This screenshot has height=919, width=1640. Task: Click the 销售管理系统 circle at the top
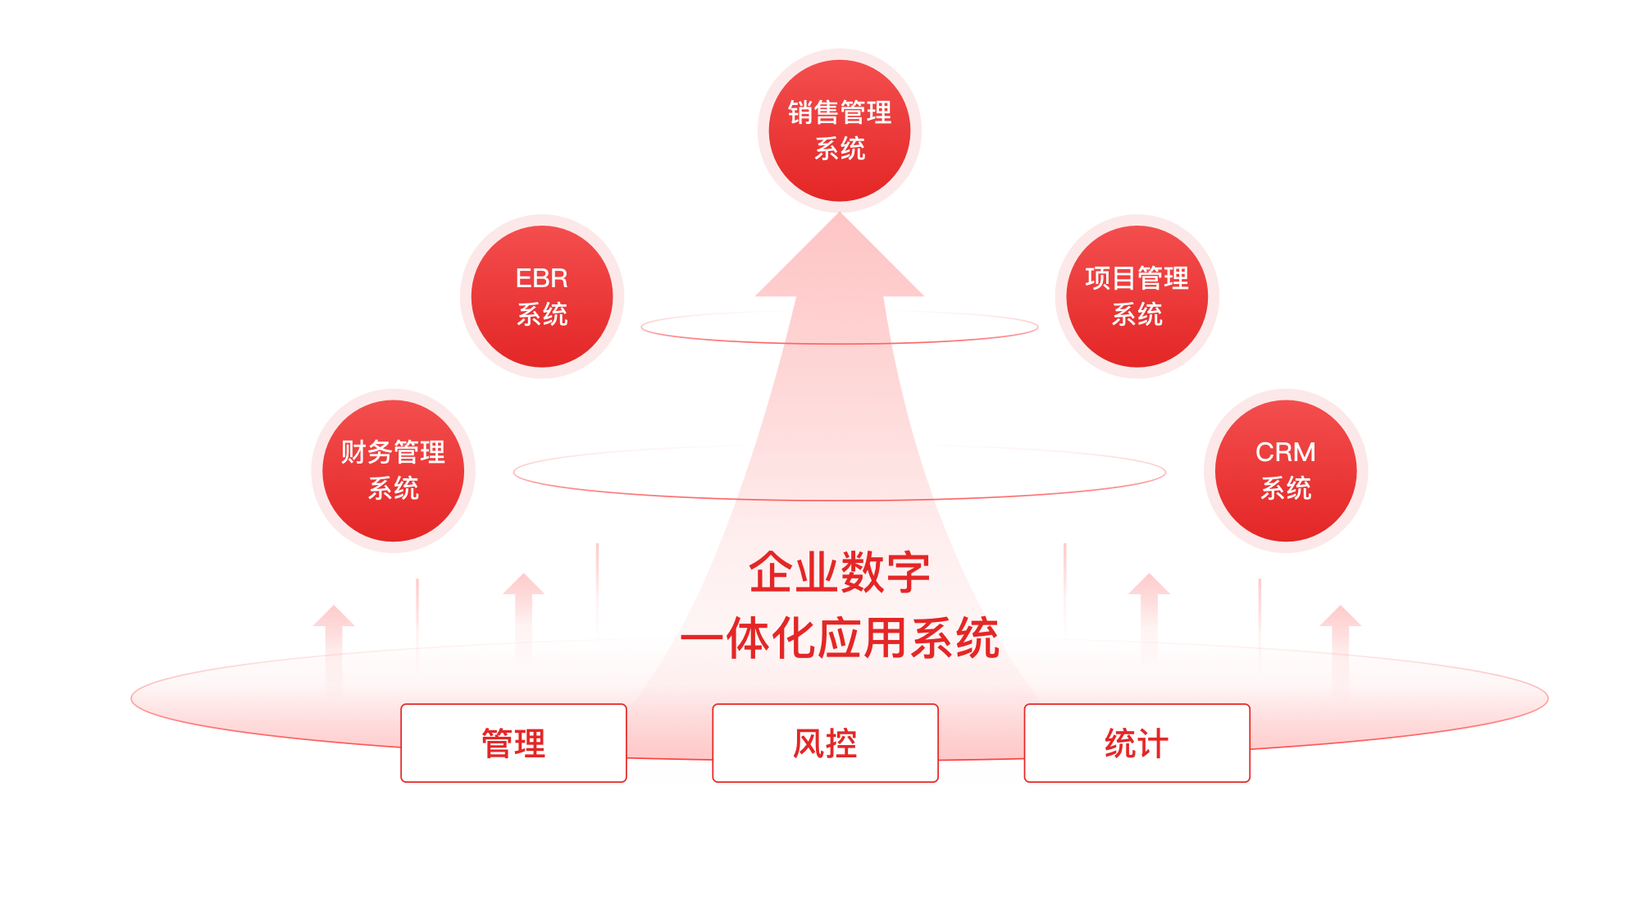click(x=839, y=130)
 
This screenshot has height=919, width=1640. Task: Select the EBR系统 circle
click(x=541, y=296)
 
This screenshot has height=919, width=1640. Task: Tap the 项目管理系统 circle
click(x=1137, y=296)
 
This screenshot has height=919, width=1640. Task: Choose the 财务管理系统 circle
click(x=393, y=470)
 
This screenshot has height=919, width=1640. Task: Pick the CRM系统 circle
click(x=1285, y=470)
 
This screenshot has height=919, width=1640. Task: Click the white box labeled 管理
click(x=513, y=743)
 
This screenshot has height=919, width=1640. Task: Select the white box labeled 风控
click(x=825, y=743)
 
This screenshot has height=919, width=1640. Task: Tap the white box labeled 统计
click(x=1137, y=743)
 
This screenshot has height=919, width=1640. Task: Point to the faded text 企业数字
click(x=839, y=572)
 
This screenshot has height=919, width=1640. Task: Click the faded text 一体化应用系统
click(x=839, y=638)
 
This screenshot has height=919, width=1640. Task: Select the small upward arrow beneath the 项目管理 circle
click(x=1149, y=615)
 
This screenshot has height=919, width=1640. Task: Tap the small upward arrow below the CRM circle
click(x=1340, y=644)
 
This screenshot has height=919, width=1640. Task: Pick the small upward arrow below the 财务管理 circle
click(x=333, y=644)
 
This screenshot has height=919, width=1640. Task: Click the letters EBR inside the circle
click(x=541, y=278)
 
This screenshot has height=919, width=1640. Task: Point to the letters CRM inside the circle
click(x=1285, y=452)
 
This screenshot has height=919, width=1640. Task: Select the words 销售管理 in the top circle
click(x=839, y=112)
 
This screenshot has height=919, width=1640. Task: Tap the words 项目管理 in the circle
click(x=1137, y=278)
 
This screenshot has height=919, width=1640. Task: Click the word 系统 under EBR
click(x=541, y=314)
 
